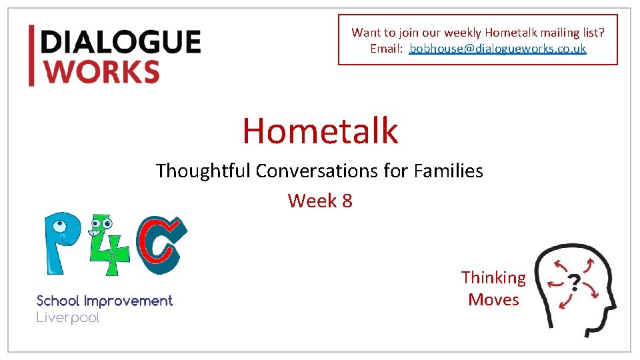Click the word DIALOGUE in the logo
(x=121, y=42)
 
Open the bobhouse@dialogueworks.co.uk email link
(x=497, y=49)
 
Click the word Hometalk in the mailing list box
(x=507, y=32)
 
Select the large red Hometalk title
(x=320, y=130)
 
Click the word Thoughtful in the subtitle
(x=203, y=171)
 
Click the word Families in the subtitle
(x=448, y=171)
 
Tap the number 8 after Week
(x=347, y=200)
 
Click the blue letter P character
(x=64, y=243)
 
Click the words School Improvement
(x=105, y=301)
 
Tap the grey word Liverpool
(x=68, y=318)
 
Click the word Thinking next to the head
(x=493, y=277)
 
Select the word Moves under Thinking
(x=493, y=300)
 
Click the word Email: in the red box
(x=387, y=49)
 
